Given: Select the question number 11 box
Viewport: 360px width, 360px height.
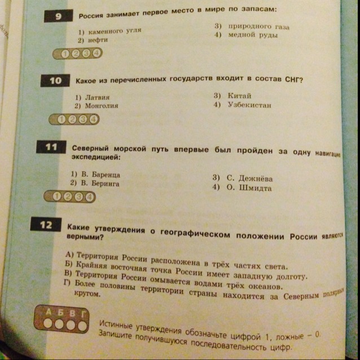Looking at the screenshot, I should (x=51, y=148).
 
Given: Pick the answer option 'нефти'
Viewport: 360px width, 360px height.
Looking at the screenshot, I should (x=93, y=41).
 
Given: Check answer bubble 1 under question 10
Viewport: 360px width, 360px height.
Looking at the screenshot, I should (x=62, y=120).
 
